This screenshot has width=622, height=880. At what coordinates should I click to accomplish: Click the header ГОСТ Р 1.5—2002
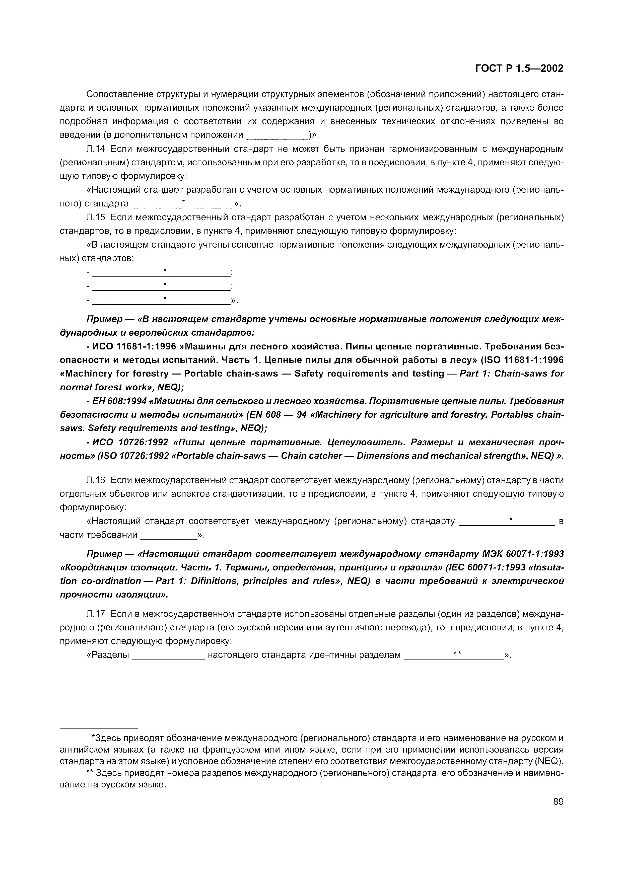coord(519,68)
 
